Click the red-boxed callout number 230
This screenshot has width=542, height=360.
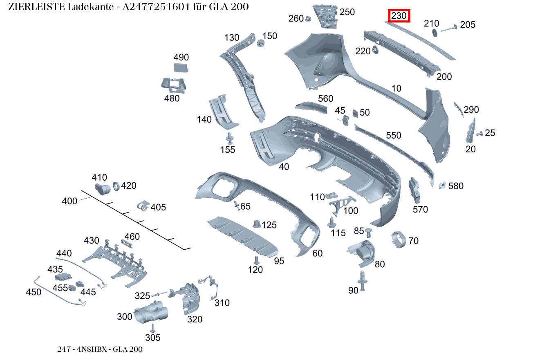click(x=399, y=16)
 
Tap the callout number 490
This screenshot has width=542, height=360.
click(x=181, y=57)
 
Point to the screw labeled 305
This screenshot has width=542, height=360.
click(x=152, y=328)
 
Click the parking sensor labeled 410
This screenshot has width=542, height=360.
click(x=103, y=189)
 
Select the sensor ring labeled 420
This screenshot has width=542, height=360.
click(x=116, y=186)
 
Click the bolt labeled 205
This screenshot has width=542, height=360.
click(x=448, y=27)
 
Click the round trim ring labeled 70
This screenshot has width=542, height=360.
click(x=399, y=240)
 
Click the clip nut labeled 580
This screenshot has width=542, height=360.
click(x=442, y=185)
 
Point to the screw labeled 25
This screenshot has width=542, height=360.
click(x=479, y=133)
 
